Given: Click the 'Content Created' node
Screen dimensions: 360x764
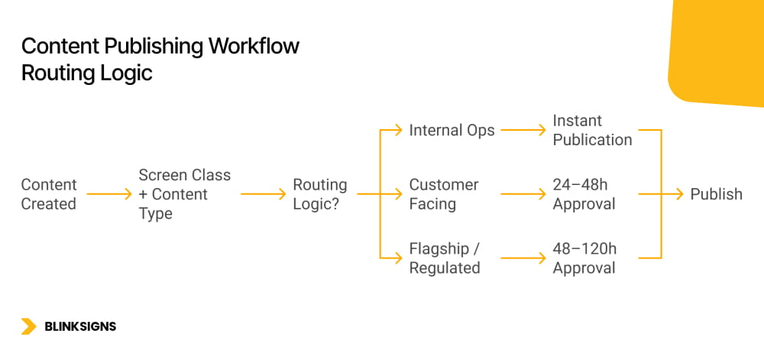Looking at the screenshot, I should coord(49,194).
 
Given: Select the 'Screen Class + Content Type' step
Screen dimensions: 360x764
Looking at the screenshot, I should coord(184,194).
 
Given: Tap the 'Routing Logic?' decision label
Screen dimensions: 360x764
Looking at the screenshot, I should coord(319,194).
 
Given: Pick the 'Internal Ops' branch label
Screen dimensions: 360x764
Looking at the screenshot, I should coord(452,130).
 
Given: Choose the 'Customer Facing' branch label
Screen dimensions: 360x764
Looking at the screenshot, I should coord(444,194).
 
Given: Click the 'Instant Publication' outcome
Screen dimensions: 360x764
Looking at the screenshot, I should coord(592,130).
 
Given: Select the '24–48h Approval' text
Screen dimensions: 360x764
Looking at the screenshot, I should coord(584,194).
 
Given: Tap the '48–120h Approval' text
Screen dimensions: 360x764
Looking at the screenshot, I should coord(584,258).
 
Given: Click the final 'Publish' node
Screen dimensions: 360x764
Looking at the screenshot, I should coord(716,194).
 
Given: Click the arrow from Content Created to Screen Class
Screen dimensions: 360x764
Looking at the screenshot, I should coord(109,194).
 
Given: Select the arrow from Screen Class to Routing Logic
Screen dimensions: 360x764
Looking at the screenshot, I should coord(264,194).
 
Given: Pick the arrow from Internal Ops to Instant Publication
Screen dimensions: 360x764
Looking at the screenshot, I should coord(523,130).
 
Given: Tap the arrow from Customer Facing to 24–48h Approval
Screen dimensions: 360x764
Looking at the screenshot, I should coord(523,194).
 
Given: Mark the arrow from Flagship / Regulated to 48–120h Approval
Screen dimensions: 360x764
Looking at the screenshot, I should coord(523,258).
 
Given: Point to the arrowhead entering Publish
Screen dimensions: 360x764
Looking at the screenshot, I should coord(678,194).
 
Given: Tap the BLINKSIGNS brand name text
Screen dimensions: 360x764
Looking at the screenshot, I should coord(80,326).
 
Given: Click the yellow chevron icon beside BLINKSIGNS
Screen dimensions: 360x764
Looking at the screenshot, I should coord(29,326).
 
